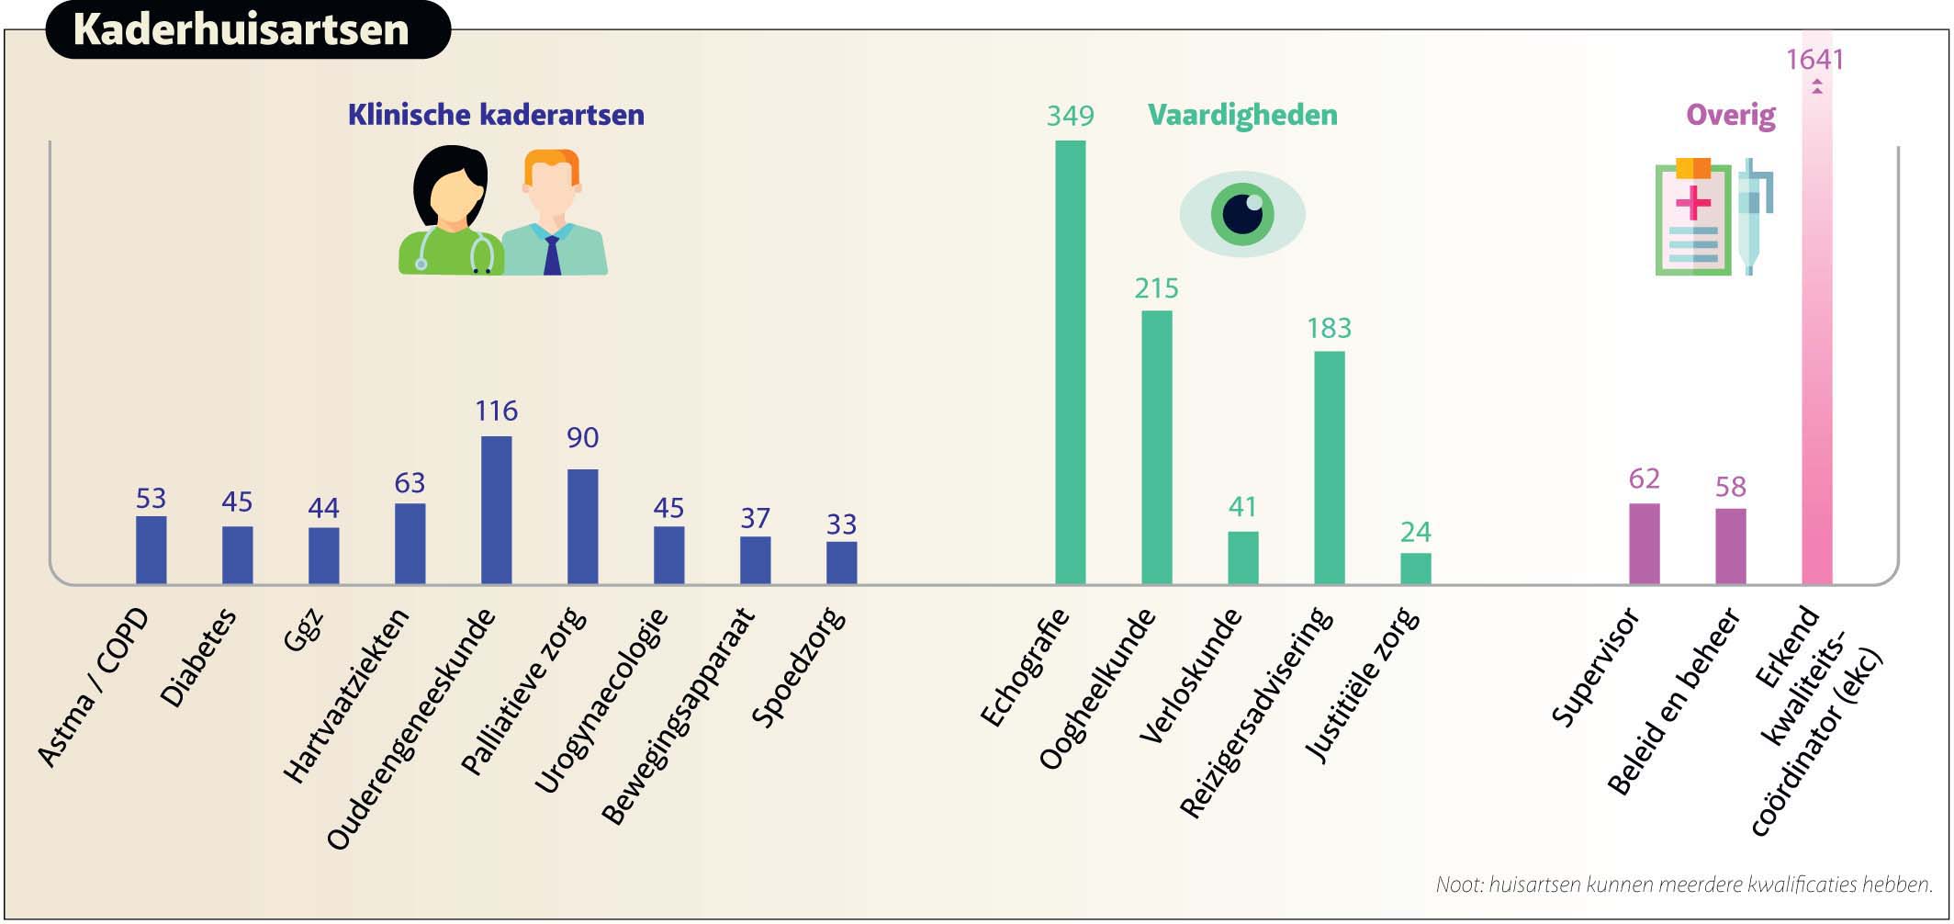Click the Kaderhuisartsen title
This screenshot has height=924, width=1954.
coord(241,29)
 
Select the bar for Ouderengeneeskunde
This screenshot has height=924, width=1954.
coord(496,510)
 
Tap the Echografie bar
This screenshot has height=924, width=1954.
coord(1070,362)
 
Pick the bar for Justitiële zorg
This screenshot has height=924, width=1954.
coord(1415,569)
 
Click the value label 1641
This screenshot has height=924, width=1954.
coord(1814,60)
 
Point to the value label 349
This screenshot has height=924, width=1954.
coord(1070,116)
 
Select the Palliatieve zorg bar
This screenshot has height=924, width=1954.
coord(582,526)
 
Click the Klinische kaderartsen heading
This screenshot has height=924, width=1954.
coord(496,115)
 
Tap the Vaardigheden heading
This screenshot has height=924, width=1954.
coord(1242,115)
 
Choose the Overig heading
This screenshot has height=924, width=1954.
coord(1731,116)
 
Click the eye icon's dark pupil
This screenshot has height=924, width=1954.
coord(1242,215)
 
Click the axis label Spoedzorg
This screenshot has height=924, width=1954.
coord(798,668)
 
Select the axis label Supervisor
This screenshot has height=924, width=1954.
coord(1596,668)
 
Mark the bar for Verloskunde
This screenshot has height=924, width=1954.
coord(1242,558)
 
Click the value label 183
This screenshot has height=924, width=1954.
coord(1329,328)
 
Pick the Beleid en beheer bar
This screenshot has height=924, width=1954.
coord(1730,547)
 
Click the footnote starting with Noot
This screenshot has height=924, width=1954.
coord(1684,885)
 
